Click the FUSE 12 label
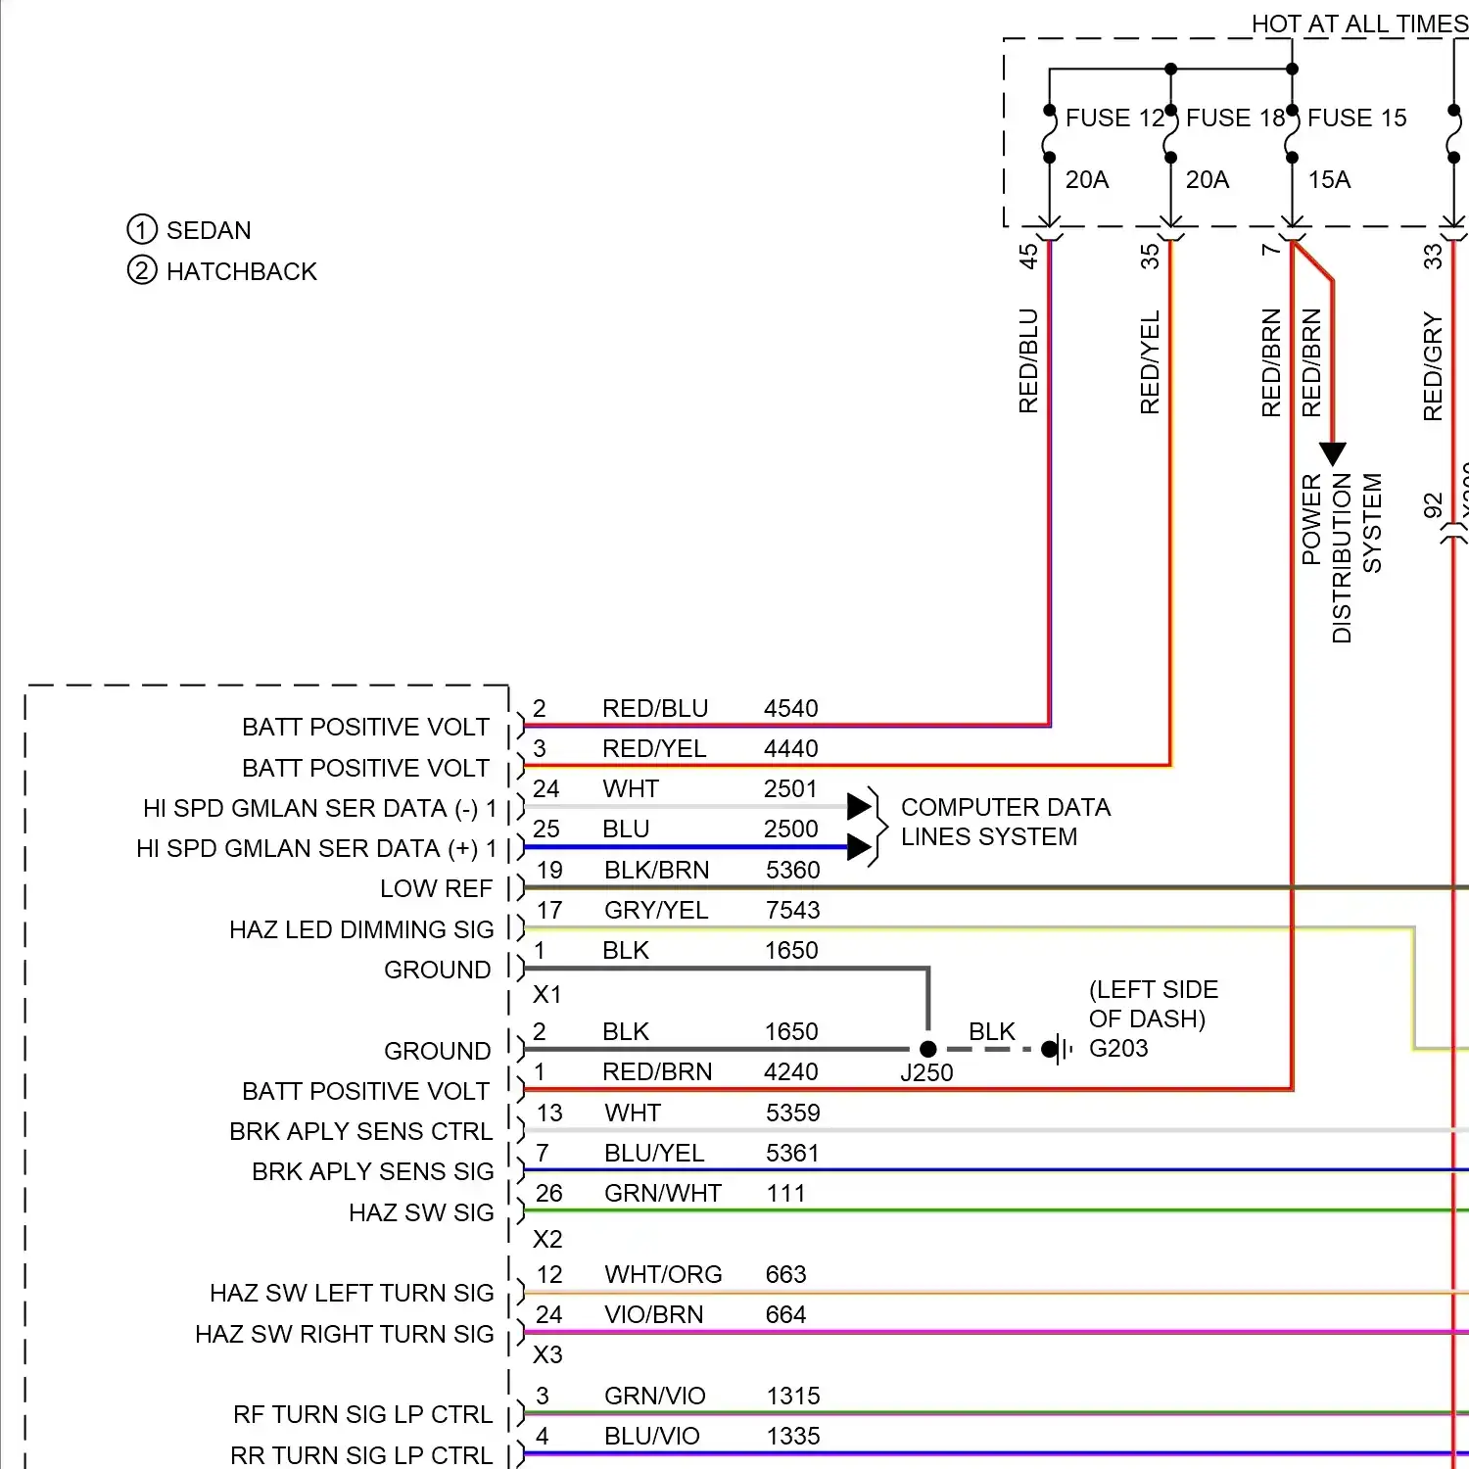[x=1114, y=118]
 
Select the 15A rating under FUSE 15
[x=1329, y=180]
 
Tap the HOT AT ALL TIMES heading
[x=1359, y=24]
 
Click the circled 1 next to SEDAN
[x=142, y=230]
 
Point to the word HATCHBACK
[x=242, y=271]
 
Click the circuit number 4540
[x=790, y=708]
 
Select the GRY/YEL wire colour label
[x=656, y=910]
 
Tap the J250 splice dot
[x=928, y=1049]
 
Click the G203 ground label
[x=1118, y=1048]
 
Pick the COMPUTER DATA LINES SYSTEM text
[x=1005, y=822]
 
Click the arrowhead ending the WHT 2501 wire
[x=859, y=806]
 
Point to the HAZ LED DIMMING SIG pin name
[x=361, y=929]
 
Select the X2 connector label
[x=547, y=1239]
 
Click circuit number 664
[x=785, y=1314]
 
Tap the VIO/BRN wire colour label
[x=653, y=1314]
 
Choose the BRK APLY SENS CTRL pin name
[x=360, y=1131]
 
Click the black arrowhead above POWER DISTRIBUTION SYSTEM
[x=1332, y=453]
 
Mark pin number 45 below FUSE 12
[x=1028, y=257]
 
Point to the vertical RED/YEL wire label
[x=1150, y=362]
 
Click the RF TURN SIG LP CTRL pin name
[x=362, y=1414]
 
